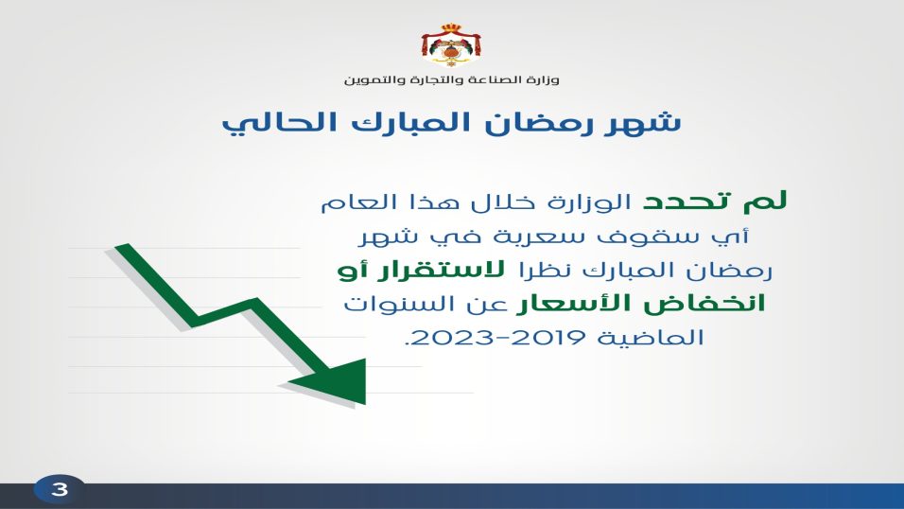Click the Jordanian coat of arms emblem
451,45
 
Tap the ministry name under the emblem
451,79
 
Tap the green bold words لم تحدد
715,201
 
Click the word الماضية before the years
651,337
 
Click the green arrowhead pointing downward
335,381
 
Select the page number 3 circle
60,490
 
